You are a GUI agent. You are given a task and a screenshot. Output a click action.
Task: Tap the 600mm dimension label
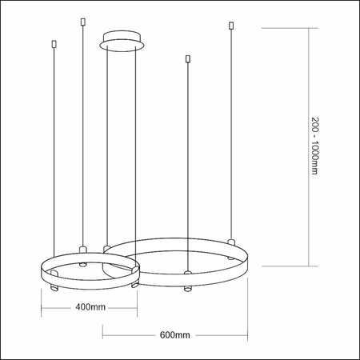pos(174,334)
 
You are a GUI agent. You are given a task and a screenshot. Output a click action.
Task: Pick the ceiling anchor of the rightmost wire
pos(231,26)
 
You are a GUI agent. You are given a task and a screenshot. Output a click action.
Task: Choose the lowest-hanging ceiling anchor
pos(186,59)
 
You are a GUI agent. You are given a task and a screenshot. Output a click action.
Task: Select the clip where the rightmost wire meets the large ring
pos(231,240)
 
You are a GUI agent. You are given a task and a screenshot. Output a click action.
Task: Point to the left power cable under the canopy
pos(107,144)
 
